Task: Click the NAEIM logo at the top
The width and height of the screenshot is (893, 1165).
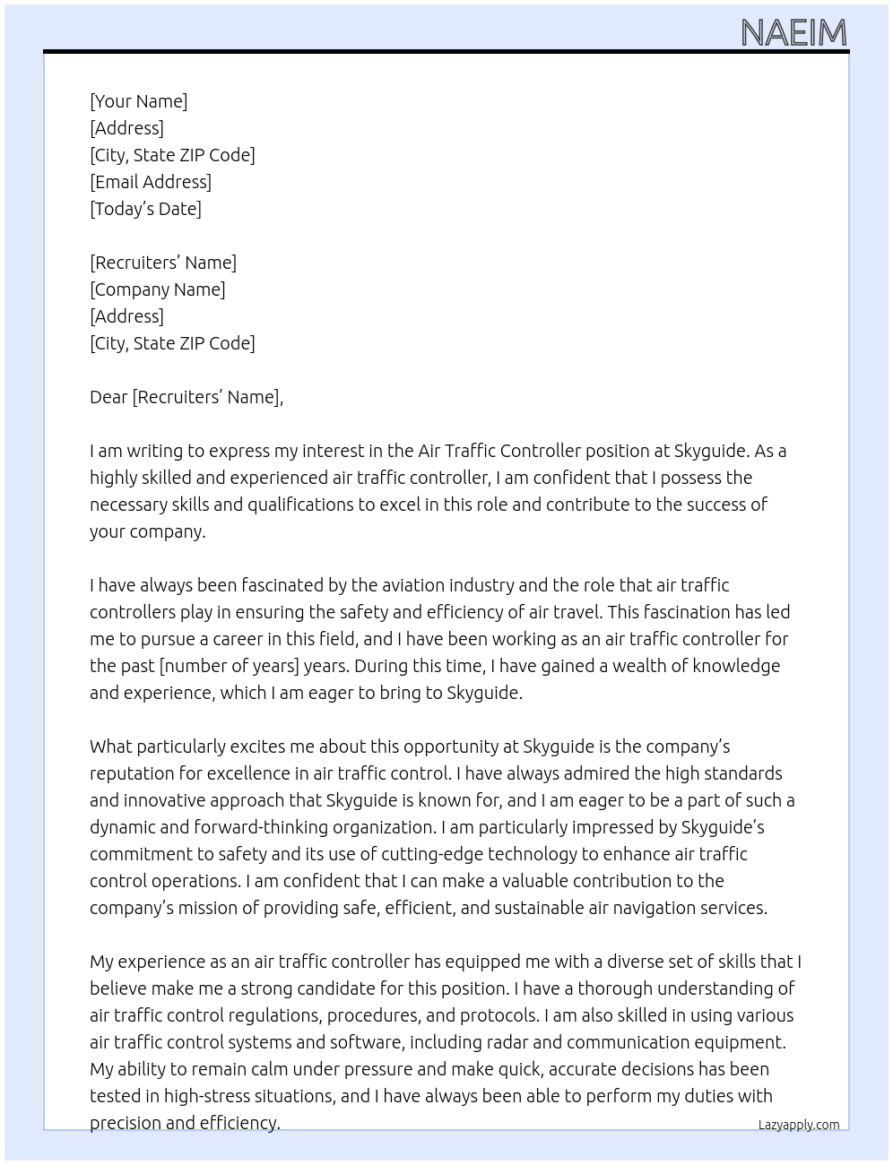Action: click(x=793, y=33)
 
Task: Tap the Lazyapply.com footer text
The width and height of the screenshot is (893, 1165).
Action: click(x=799, y=1125)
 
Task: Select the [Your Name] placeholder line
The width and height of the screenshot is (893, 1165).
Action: click(x=139, y=101)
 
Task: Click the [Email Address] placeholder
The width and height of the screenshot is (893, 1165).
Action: click(x=151, y=182)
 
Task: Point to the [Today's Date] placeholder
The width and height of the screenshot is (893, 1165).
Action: click(x=145, y=209)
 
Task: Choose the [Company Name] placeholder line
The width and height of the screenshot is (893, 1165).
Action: click(x=158, y=289)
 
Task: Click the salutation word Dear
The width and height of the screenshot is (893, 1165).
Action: click(x=108, y=397)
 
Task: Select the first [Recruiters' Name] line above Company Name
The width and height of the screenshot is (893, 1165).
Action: click(x=163, y=263)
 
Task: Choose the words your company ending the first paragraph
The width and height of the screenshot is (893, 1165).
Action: click(x=147, y=531)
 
